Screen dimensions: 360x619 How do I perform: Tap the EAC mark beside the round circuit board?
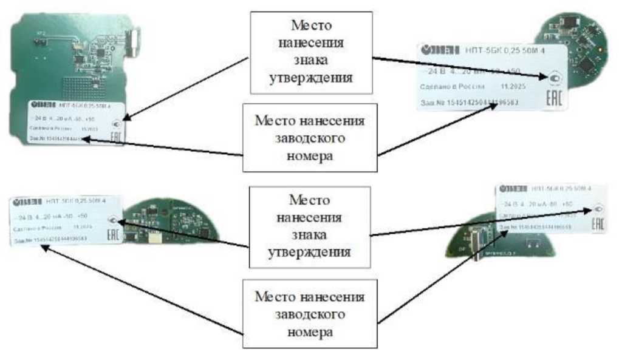(x=554, y=98)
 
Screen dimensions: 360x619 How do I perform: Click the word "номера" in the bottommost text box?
(x=310, y=332)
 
